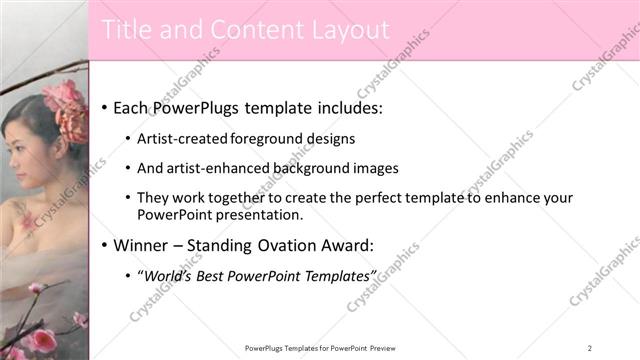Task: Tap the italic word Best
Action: pos(217,275)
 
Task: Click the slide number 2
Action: pos(590,348)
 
